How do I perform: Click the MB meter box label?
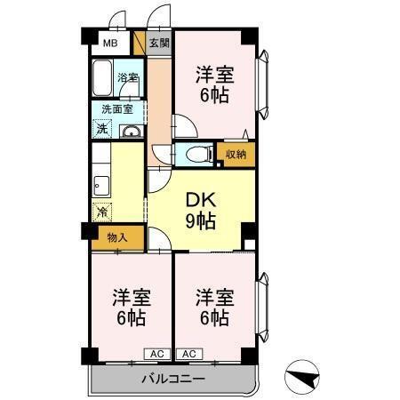tap(110, 44)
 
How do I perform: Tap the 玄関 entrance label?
tap(159, 43)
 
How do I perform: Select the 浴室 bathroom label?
tap(128, 77)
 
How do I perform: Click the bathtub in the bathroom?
tap(102, 77)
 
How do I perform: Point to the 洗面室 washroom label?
tap(117, 109)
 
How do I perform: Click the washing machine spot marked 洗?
tap(102, 129)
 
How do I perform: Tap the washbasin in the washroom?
tap(132, 131)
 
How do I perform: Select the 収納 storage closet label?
tap(236, 154)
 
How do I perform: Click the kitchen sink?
tap(101, 186)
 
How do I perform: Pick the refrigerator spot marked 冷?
tap(102, 212)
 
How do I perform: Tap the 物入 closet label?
tap(117, 237)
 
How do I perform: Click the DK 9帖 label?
tap(201, 211)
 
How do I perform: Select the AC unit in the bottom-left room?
tap(157, 354)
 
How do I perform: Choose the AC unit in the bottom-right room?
tap(189, 354)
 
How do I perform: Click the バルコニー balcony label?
tap(173, 379)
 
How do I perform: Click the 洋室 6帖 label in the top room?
tap(214, 84)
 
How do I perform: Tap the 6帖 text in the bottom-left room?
tap(131, 318)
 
